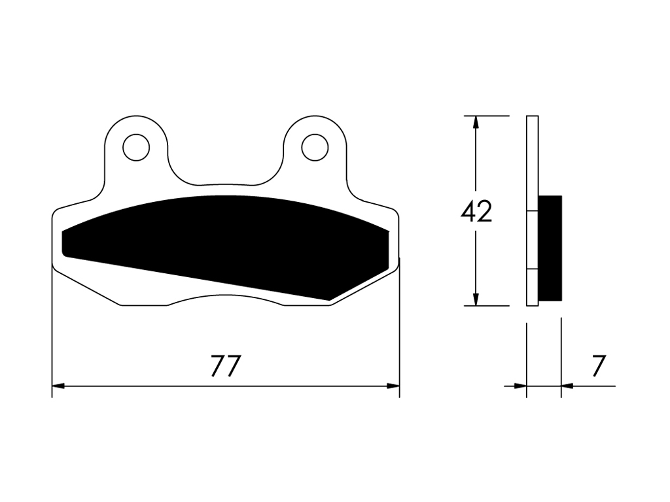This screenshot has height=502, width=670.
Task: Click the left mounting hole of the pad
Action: pos(136,148)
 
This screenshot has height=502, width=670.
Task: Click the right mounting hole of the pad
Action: pos(315,148)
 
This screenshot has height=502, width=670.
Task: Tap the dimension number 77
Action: pos(226,366)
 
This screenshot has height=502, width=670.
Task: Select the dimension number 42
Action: pos(476,211)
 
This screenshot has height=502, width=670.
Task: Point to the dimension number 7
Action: pos(599,366)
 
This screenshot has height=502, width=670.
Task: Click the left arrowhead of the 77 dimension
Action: pos(58,386)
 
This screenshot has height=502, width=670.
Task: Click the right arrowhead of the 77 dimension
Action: pos(393,386)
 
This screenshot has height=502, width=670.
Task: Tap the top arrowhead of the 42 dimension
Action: pos(476,122)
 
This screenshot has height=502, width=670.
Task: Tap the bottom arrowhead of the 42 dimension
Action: pos(476,299)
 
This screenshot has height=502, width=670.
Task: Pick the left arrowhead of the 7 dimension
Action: pos(520,386)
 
